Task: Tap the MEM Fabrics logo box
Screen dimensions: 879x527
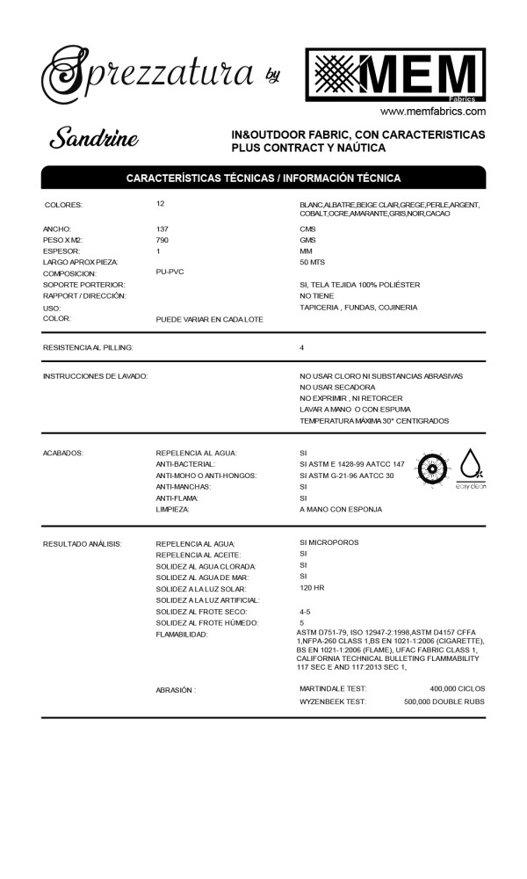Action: (x=395, y=77)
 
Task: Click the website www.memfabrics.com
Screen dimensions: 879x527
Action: (x=433, y=112)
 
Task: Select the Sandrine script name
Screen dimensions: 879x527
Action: (x=93, y=138)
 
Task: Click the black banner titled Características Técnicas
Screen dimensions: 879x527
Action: (x=263, y=178)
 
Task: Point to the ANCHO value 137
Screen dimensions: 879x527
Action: (x=162, y=229)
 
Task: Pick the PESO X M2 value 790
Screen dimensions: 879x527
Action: (x=162, y=240)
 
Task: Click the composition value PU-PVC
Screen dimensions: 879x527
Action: (x=170, y=272)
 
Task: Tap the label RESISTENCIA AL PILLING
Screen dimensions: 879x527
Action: (x=89, y=348)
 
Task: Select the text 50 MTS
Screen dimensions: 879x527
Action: (x=312, y=263)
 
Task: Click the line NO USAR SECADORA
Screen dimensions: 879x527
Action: (x=337, y=388)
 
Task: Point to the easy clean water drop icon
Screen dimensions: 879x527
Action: (x=471, y=469)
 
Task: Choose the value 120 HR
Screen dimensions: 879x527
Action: (x=312, y=587)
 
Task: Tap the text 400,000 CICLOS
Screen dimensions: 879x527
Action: (x=457, y=689)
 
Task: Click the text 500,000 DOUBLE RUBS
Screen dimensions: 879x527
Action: (x=444, y=701)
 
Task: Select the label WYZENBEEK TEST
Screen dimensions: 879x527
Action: (x=333, y=701)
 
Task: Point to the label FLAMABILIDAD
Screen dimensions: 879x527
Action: (x=182, y=635)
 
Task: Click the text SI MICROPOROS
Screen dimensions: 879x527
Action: (x=329, y=542)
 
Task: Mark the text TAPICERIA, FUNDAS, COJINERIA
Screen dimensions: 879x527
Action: (x=358, y=308)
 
